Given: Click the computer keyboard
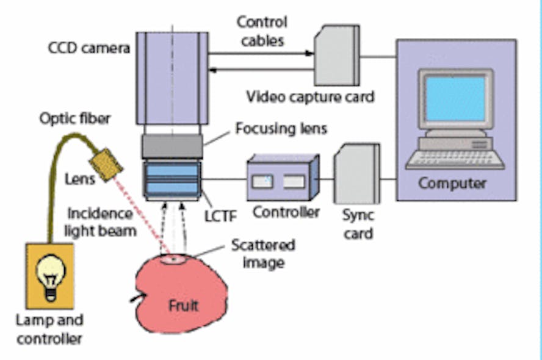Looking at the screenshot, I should click(455, 159).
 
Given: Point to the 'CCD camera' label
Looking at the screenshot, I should click(89, 47).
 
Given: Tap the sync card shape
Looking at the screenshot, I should click(356, 173).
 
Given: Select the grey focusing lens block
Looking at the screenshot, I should click(172, 146).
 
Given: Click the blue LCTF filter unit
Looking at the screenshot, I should click(172, 176).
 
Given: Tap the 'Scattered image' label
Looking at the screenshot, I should click(262, 254).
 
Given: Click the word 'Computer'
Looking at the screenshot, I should click(452, 183).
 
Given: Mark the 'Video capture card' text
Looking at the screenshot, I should click(309, 97).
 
